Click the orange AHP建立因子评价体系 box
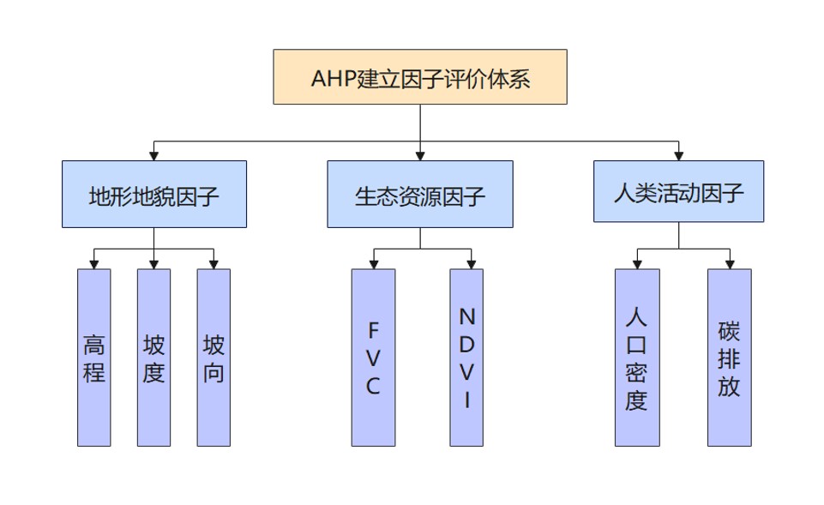pos(420,77)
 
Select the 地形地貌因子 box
pos(154,194)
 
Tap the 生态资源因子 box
pos(420,194)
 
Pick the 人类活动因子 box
pos(678,191)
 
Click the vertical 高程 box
pos(94,358)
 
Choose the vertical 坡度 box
pos(154,358)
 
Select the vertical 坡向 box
pos(214,358)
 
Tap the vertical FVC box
pos(373,358)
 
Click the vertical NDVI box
pos(466,358)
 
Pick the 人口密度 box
pos(637,358)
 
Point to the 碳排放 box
pos(730,358)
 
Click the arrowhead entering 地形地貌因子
pos(154,155)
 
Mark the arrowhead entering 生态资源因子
pos(420,155)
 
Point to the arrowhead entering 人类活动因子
pos(678,155)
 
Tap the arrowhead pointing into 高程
pos(94,264)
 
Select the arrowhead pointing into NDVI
pos(471,264)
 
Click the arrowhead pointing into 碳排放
pos(730,264)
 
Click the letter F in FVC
pos(373,329)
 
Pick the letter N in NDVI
pos(466,316)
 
